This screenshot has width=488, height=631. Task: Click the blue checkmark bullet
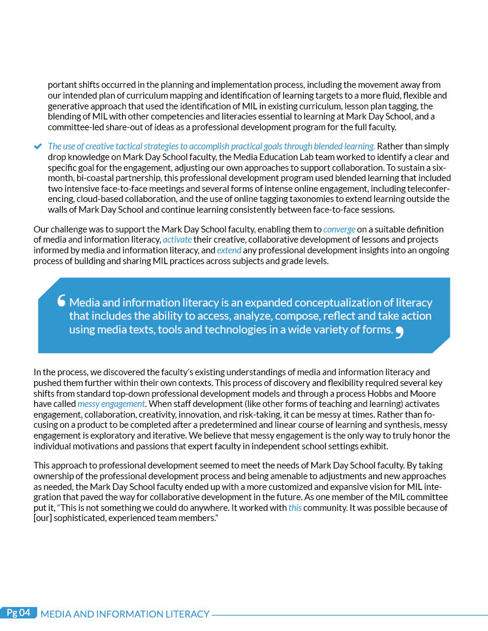click(38, 146)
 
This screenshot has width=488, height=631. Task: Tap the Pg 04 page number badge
click(19, 612)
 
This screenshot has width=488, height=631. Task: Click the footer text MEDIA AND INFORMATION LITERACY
click(125, 614)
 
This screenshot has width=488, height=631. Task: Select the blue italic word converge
click(339, 229)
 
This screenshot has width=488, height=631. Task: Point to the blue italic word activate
click(177, 240)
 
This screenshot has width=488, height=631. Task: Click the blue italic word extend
click(229, 250)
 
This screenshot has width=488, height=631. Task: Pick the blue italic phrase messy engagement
click(111, 404)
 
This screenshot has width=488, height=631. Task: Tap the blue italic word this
click(295, 508)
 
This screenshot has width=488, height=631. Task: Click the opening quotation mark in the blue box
click(61, 302)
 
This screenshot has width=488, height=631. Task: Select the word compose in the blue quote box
click(312, 316)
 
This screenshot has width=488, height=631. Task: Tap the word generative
click(68, 106)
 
